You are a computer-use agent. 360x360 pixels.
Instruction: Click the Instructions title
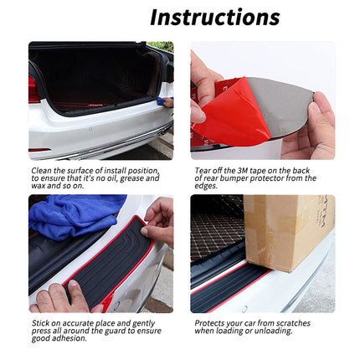point(214,17)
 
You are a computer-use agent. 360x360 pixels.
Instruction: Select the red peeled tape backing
point(234,113)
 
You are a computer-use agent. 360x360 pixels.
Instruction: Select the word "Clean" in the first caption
point(42,170)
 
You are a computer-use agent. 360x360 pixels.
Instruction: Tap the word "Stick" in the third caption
point(40,322)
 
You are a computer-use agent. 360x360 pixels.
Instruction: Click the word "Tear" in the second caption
point(203,170)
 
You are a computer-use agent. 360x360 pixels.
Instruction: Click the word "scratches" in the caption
point(293,322)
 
